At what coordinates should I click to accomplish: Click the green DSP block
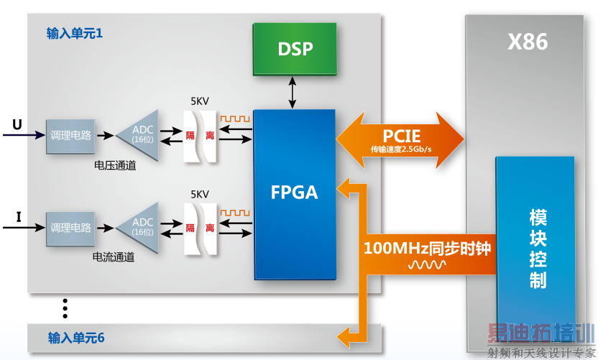pos(295,49)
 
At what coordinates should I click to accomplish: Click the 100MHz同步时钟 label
pos(427,249)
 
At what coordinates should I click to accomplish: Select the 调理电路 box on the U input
pos(70,135)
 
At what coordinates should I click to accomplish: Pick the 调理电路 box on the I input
pos(70,228)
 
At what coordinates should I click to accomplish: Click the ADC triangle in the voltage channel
pos(141,134)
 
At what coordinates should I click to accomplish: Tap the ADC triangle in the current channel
pos(141,228)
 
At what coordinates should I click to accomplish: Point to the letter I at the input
pos(19,217)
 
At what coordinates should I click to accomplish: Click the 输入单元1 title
pos(75,34)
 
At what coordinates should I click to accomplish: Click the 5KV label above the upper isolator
pos(200,101)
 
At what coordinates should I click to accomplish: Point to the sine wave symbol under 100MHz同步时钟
pos(427,265)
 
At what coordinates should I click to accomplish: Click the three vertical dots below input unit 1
pos(65,308)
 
